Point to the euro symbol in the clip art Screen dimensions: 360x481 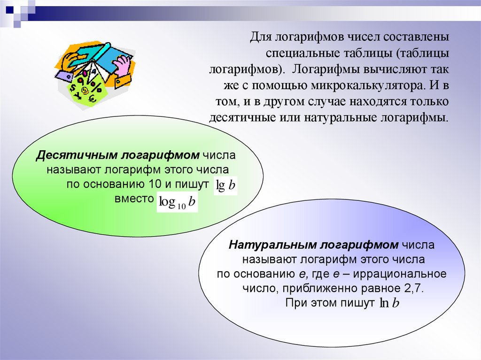click(x=92, y=98)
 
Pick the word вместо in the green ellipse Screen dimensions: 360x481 click(x=134, y=198)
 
